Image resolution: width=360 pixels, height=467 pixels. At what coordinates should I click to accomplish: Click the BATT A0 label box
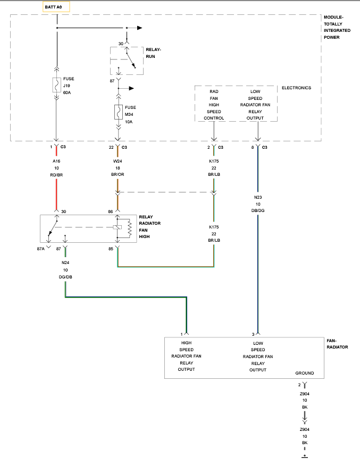56,7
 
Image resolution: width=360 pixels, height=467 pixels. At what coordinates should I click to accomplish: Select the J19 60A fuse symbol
56,85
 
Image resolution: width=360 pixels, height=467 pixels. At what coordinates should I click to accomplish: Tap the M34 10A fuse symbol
118,112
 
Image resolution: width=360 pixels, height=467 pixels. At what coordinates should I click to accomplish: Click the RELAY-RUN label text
153,53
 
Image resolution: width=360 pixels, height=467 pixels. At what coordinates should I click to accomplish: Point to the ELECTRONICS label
296,88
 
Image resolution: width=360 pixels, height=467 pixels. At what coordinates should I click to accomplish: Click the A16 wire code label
56,161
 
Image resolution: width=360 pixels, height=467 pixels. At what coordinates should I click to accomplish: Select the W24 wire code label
118,161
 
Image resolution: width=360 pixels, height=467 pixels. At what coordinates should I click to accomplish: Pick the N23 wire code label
258,197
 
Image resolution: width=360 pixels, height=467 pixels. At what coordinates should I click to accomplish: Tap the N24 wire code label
65,262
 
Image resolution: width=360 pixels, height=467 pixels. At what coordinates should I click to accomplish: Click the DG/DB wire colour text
65,277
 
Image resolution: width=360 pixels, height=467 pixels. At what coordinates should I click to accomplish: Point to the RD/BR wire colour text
56,175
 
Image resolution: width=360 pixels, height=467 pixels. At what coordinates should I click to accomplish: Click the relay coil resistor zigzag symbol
130,228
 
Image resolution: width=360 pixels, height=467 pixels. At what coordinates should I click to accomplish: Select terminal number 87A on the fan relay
40,249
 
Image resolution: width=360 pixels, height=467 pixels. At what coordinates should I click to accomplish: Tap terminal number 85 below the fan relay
111,249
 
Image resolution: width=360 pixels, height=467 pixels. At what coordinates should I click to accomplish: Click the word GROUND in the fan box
305,373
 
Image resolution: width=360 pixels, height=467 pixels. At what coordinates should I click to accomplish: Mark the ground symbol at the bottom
305,456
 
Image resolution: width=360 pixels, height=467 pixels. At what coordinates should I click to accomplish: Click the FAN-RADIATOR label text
337,344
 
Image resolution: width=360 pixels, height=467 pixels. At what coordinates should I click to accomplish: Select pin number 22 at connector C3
111,147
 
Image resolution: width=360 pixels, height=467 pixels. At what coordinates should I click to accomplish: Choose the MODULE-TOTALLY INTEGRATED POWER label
337,27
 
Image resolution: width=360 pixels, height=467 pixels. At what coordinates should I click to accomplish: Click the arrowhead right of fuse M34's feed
131,88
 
